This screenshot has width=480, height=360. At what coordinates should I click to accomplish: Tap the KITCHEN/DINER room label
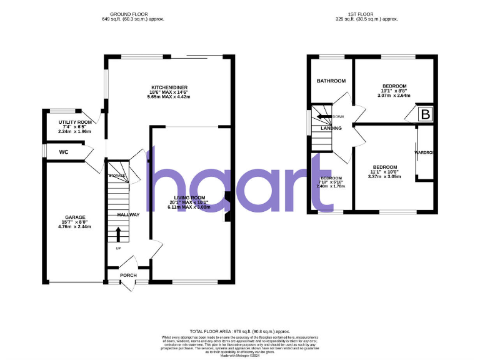click(169, 87)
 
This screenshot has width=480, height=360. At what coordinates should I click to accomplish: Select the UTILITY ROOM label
click(75, 122)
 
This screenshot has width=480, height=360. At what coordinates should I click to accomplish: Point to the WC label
click(64, 152)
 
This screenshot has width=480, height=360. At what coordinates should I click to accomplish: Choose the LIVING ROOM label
click(192, 197)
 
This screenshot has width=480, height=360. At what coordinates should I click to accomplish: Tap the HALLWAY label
click(128, 214)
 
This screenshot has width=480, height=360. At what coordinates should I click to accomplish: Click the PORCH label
click(128, 275)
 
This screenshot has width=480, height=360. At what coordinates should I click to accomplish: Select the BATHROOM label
click(331, 81)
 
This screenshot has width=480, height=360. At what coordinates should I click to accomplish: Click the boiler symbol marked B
click(426, 114)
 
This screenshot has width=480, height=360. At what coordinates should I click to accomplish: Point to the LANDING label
click(331, 128)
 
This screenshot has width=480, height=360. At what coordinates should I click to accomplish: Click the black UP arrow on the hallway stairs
click(118, 234)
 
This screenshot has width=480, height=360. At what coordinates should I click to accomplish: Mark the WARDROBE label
click(424, 152)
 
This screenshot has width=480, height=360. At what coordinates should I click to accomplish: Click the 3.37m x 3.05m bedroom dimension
click(385, 177)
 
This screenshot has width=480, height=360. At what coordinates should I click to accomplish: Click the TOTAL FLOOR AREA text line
click(239, 331)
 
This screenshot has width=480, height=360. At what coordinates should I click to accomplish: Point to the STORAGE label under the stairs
click(117, 176)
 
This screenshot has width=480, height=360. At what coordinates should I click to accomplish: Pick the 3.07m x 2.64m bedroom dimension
click(394, 96)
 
